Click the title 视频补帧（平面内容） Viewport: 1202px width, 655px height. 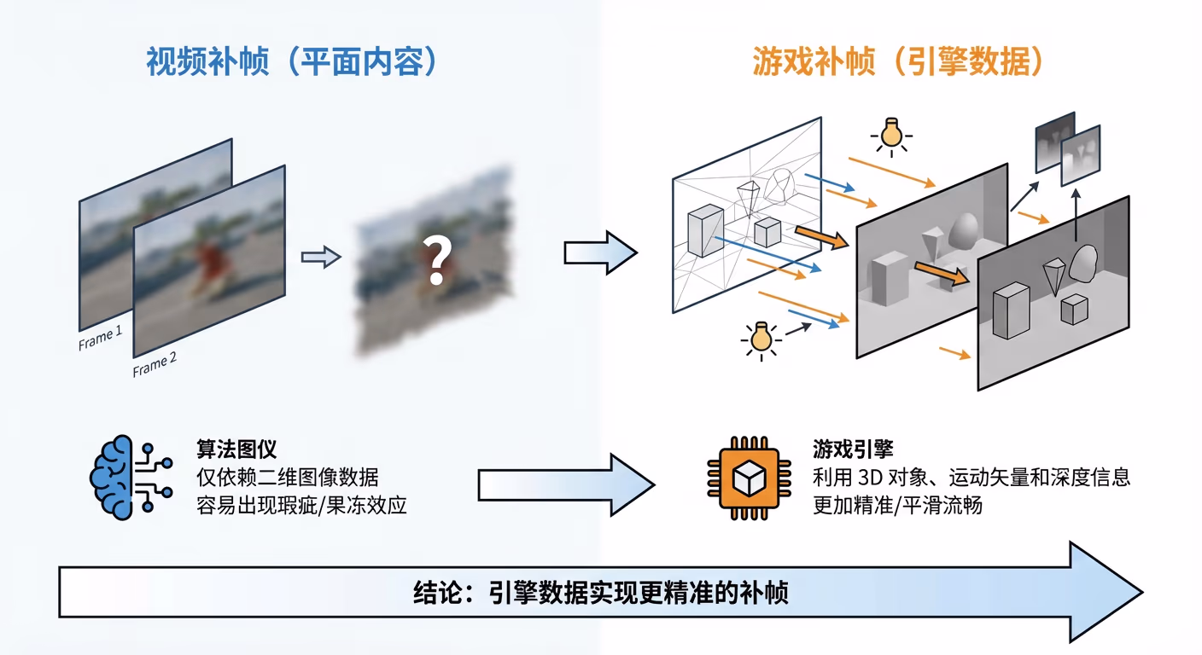point(292,62)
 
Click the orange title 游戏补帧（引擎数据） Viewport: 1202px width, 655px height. point(899,62)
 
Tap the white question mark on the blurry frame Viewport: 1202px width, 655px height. point(436,262)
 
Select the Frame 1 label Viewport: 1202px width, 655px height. point(101,339)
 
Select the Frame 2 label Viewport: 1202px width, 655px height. point(155,365)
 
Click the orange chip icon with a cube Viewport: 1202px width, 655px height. point(747,477)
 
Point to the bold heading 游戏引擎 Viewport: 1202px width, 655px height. point(853,449)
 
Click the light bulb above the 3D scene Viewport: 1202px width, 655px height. point(890,135)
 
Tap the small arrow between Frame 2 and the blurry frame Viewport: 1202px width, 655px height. point(321,257)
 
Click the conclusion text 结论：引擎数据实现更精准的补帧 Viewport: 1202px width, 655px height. point(600,592)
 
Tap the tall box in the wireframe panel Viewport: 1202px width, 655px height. point(705,230)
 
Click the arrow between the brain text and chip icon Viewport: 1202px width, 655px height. point(564,484)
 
